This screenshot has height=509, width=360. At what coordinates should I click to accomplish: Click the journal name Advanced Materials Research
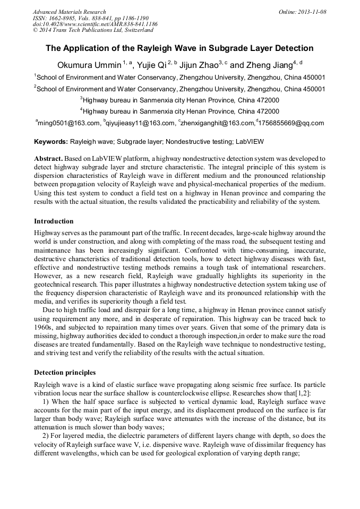(x=69, y=12)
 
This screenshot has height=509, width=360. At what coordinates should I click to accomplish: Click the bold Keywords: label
(x=51, y=142)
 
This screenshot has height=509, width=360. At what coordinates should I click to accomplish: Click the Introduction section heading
(x=54, y=221)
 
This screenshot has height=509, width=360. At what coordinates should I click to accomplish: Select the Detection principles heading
(x=65, y=372)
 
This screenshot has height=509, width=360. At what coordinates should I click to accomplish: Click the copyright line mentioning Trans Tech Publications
(x=91, y=30)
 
